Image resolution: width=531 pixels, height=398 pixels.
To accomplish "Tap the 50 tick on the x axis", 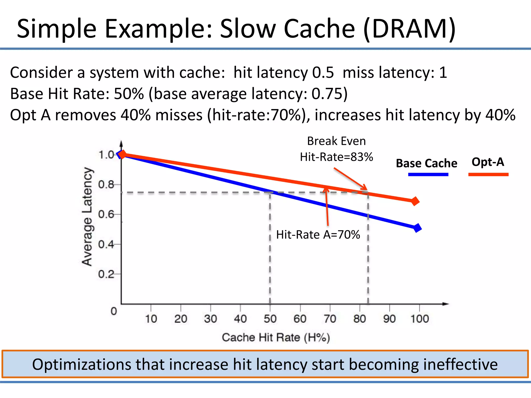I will pos(270,319).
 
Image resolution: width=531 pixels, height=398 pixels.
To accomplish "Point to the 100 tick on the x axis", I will pos(420,319).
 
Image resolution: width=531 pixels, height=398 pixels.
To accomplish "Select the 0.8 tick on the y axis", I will pos(106,185).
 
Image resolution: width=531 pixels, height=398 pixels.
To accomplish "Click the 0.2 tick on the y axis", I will pos(106,274).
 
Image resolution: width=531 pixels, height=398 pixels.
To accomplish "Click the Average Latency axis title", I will pos(87,217).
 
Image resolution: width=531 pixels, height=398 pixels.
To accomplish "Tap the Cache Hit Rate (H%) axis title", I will pos(276,338).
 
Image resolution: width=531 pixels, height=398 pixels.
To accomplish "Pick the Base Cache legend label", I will pos(427,164).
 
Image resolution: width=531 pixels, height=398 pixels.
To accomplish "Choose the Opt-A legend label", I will pos(488,162).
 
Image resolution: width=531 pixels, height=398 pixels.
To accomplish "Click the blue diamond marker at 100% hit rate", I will pos(417,228).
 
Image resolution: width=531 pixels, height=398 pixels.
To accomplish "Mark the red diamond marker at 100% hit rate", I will pos(415,201).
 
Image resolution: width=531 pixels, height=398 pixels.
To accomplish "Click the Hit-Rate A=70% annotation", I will pos(318,235).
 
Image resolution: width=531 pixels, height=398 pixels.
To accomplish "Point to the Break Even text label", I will pos(336,141).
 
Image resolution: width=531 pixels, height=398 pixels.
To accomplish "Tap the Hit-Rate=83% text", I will pos(336,157).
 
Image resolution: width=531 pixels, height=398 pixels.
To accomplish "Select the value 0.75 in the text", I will pos(327,94).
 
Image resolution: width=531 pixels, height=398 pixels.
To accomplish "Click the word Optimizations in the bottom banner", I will pos(82,364).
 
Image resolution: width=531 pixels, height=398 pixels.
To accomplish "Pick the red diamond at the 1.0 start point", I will pos(122,154).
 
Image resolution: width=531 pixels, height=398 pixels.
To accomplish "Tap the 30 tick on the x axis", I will pos(210,319).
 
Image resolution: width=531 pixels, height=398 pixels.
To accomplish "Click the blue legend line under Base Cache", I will pos(428,175).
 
